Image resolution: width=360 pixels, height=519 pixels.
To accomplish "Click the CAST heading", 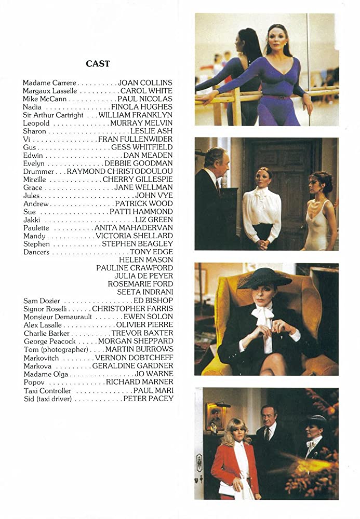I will click(x=98, y=64).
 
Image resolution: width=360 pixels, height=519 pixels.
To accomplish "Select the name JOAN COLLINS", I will click(x=145, y=83).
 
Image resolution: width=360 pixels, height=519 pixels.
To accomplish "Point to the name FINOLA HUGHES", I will click(x=145, y=107).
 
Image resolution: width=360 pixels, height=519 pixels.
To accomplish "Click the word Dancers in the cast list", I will click(x=36, y=252).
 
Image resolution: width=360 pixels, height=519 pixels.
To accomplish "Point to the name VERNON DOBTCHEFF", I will click(x=135, y=358).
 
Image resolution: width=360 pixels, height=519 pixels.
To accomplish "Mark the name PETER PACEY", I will click(x=149, y=399).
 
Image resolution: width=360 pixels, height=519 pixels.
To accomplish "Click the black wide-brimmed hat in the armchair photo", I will click(x=264, y=278).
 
